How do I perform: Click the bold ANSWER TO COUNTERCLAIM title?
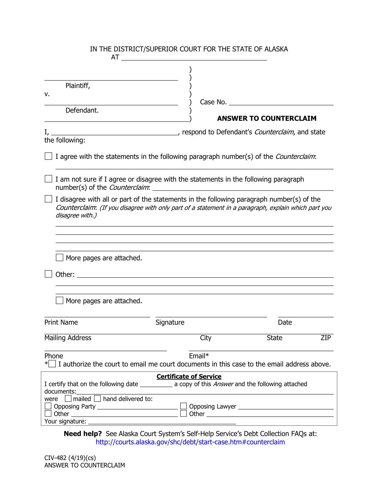[x=267, y=118]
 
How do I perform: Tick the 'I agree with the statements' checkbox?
[x=48, y=156]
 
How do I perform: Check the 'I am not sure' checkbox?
[x=48, y=179]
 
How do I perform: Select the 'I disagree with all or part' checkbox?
[x=48, y=199]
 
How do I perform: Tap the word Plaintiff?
[x=78, y=86]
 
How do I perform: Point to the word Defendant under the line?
[x=82, y=110]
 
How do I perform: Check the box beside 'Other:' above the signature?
[x=48, y=274]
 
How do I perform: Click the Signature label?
[x=170, y=323]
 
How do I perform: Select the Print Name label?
[x=61, y=323]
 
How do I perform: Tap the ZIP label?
[x=326, y=338]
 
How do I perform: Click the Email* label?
[x=199, y=356]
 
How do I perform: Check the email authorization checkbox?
[x=52, y=364]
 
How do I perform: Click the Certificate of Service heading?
[x=189, y=377]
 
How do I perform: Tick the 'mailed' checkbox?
[x=68, y=399]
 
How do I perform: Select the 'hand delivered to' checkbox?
[x=98, y=399]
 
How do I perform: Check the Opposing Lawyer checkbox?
[x=184, y=406]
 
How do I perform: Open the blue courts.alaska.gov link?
[x=190, y=442]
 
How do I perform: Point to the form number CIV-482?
[x=55, y=458]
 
